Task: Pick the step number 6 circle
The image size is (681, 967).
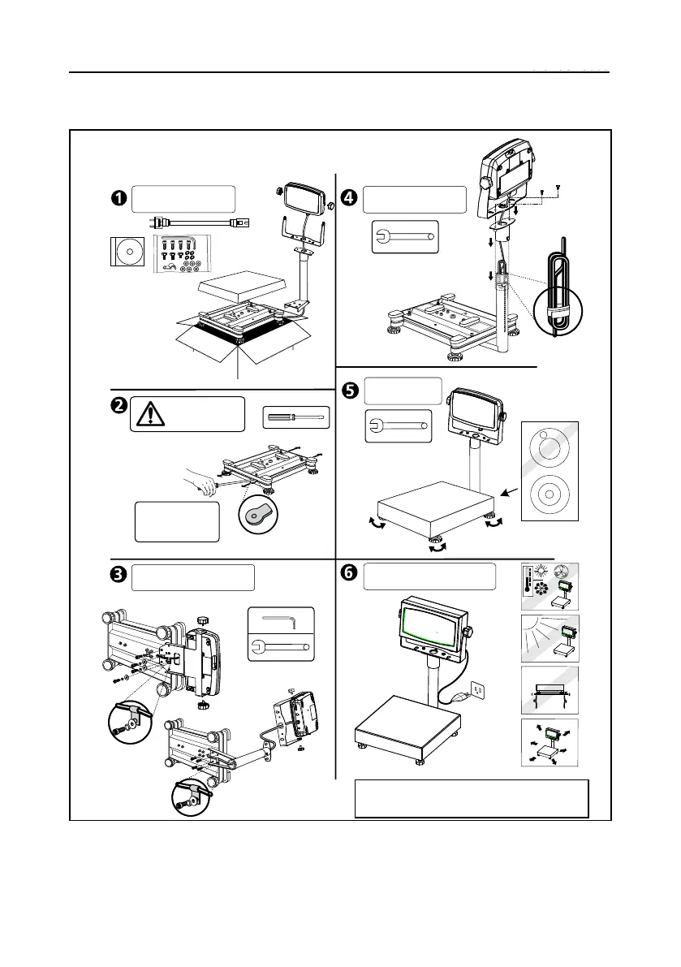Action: [349, 573]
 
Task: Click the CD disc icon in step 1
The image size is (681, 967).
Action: [127, 251]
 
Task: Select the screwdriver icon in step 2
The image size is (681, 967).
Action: [295, 419]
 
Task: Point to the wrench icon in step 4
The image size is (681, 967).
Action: [404, 237]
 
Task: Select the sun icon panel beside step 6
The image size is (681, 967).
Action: [549, 637]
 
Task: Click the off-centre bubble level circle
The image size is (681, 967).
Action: [550, 449]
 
